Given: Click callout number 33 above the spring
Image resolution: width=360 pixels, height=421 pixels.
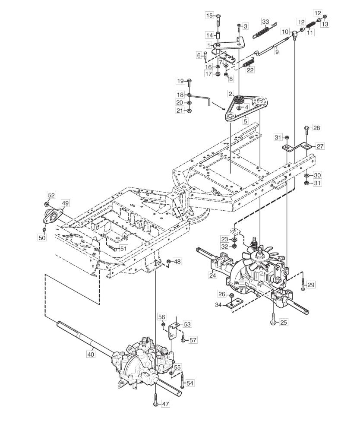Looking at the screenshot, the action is tap(265, 21).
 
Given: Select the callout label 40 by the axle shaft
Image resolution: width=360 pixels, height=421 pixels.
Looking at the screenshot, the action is tap(91, 354).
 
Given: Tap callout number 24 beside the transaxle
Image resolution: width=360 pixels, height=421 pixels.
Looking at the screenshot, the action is tap(213, 275).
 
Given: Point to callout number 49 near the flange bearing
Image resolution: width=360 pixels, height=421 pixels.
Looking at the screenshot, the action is tap(65, 203).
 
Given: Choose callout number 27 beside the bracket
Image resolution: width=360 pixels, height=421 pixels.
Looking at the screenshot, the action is tap(320, 146).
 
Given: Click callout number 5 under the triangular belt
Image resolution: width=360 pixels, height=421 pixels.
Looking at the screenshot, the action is tap(245, 121).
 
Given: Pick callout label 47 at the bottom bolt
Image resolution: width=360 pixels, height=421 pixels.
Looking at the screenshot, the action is tap(166, 404).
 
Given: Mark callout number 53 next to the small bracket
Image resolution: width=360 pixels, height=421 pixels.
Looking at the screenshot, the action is tap(187, 324).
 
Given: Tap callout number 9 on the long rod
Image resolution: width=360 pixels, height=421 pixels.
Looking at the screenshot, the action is tap(277, 51).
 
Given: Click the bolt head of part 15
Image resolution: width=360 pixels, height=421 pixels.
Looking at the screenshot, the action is tap(218, 15).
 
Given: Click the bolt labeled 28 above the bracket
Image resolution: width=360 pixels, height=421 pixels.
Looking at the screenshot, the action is tap(307, 132).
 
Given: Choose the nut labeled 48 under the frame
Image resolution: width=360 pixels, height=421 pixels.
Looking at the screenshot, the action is tap(168, 261).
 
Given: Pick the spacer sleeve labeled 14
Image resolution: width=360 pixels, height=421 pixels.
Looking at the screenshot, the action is tap(218, 35).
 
